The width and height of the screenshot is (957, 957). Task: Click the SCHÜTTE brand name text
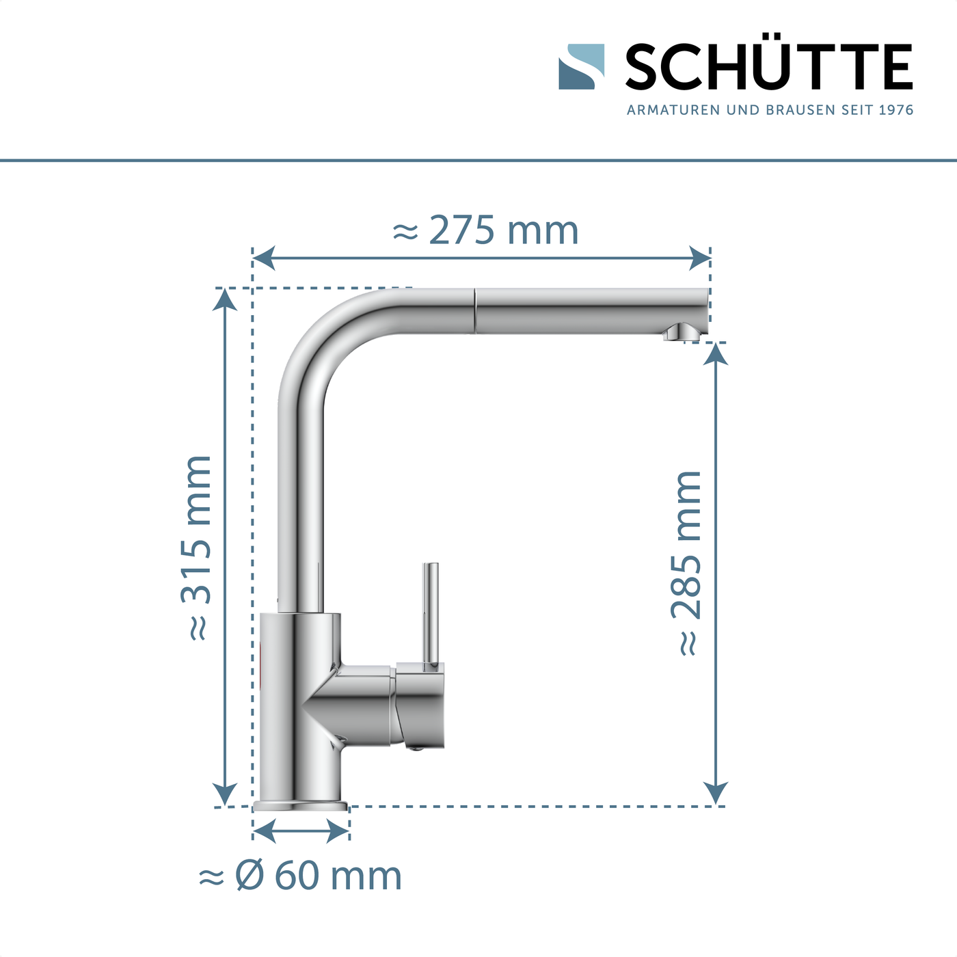tap(768, 67)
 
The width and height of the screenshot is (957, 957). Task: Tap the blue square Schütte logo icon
tap(581, 67)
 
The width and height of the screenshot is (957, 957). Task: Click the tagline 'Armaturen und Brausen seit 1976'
tap(770, 110)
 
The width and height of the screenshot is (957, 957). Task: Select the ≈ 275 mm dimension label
tap(486, 230)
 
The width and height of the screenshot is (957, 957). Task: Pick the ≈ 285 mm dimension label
tap(686, 563)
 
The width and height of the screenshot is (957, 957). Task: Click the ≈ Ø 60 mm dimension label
tap(300, 876)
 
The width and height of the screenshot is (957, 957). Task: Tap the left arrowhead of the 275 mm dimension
tap(264, 258)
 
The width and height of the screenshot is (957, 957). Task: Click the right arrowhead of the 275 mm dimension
tap(699, 258)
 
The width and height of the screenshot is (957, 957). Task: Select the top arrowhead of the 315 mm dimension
tap(225, 299)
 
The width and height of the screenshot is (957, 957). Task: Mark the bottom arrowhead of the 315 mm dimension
tap(225, 794)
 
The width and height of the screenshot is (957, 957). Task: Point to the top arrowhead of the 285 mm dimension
tap(715, 353)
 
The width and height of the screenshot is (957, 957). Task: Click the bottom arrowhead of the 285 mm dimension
tap(715, 794)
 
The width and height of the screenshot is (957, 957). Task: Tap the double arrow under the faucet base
tap(301, 831)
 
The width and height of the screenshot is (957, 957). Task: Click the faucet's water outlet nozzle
tap(680, 333)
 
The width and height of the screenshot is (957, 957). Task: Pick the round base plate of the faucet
tap(301, 805)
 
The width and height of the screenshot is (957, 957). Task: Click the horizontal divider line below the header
tap(478, 161)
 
